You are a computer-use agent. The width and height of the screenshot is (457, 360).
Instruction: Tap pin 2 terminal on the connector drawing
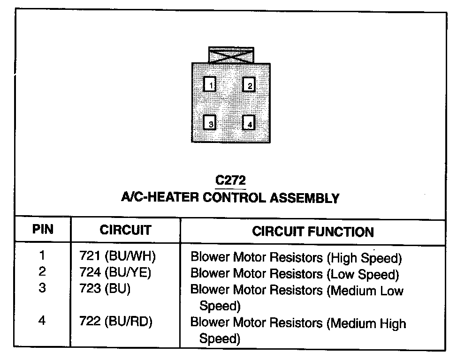(249, 84)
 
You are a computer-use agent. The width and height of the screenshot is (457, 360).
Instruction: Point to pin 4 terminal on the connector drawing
(249, 123)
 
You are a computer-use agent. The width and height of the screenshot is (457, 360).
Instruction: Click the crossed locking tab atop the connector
(231, 55)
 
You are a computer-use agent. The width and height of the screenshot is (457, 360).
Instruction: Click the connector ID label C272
(230, 180)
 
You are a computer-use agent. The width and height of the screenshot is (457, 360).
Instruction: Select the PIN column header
(43, 230)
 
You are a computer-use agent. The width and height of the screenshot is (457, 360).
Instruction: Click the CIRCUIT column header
(125, 230)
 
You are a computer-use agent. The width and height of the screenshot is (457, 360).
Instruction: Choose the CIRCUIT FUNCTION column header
(313, 232)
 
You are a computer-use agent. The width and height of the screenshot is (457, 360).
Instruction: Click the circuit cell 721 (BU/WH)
(115, 257)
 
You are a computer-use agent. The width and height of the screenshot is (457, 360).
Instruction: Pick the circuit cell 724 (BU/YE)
(115, 272)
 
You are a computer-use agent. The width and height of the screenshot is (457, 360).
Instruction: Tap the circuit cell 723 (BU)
(103, 288)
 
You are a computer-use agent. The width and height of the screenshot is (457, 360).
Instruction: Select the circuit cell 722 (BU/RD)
(115, 322)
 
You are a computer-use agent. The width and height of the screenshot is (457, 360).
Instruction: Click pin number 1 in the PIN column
(43, 256)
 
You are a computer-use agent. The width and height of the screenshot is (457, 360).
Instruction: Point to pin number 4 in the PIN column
(43, 322)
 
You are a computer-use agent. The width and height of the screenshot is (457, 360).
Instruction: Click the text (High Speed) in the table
(365, 258)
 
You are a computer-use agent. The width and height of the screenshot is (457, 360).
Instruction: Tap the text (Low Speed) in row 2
(363, 274)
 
